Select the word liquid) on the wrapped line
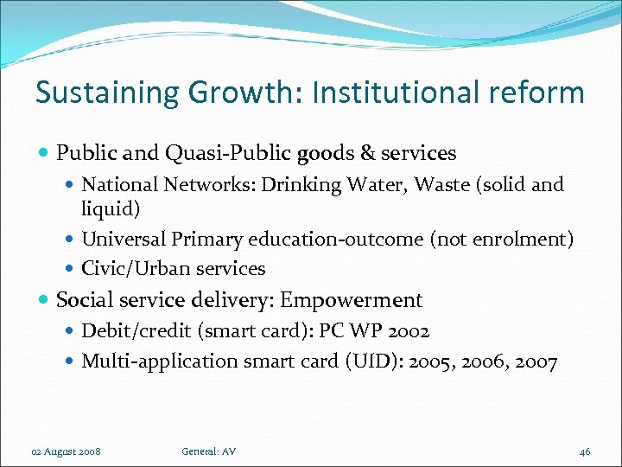[x=111, y=208]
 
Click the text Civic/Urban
[x=129, y=268]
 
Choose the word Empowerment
[x=352, y=300]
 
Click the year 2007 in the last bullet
[x=536, y=361]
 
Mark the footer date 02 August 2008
[x=67, y=451]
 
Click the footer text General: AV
[x=209, y=451]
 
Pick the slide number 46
[x=585, y=451]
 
